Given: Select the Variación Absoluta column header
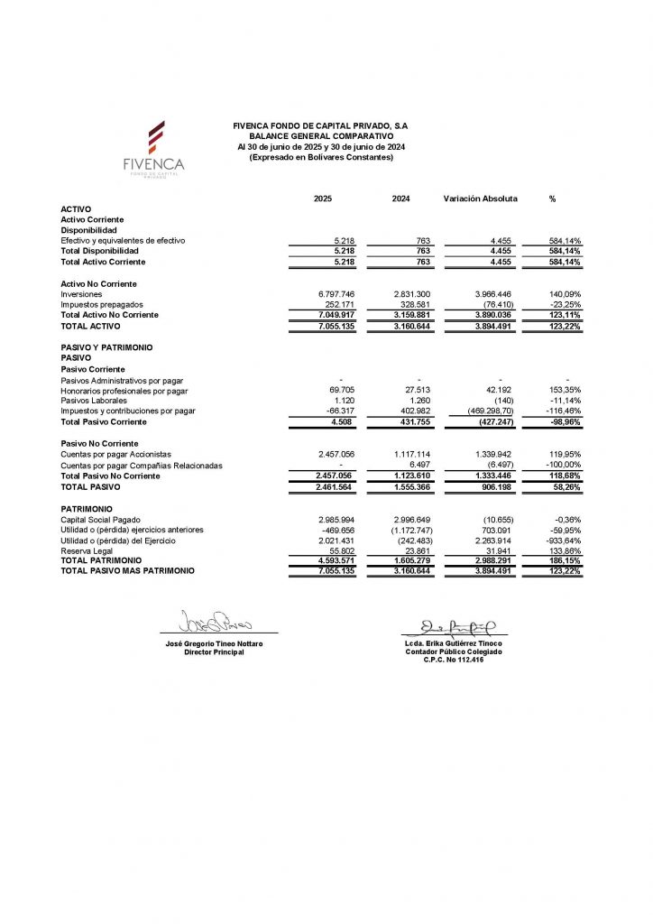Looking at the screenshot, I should click(x=479, y=199).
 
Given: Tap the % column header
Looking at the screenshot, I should click(x=551, y=199).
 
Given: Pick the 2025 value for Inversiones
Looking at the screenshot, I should click(x=335, y=294).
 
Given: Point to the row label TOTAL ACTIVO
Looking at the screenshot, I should click(x=90, y=327).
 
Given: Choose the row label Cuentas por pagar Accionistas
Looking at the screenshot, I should click(x=115, y=454).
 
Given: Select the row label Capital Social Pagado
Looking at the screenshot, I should click(x=101, y=520).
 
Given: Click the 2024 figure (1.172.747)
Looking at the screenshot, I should click(x=411, y=531).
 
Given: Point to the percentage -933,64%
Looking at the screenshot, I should click(x=562, y=541).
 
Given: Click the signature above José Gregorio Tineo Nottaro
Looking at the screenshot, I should click(x=215, y=623).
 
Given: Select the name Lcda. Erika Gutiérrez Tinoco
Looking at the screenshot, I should click(x=454, y=643).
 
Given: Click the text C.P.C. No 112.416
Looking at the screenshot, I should click(x=454, y=660).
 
